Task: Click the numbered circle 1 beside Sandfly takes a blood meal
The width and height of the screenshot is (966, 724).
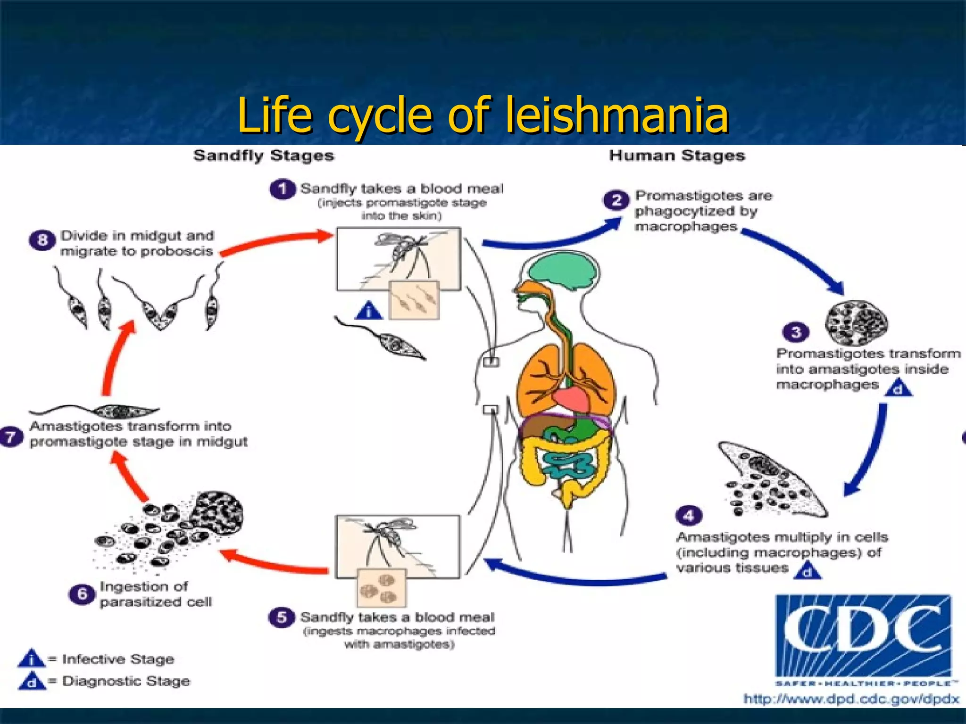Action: click(282, 189)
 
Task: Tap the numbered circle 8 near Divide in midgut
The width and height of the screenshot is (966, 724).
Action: click(42, 240)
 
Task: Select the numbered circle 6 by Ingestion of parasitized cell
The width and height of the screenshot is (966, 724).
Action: click(82, 594)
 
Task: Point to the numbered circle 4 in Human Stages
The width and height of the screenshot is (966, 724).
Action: click(689, 516)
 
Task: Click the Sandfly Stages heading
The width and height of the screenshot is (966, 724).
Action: click(264, 156)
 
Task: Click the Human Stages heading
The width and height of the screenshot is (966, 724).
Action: click(677, 156)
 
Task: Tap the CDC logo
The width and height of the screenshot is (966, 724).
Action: click(863, 636)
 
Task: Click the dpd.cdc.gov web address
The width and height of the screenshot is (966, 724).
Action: click(851, 699)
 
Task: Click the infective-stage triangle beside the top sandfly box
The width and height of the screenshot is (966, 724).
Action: click(369, 311)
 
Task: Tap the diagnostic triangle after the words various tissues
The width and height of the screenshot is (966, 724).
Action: click(808, 571)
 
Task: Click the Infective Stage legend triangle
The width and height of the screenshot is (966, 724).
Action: click(31, 658)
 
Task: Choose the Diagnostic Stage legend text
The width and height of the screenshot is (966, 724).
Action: click(126, 681)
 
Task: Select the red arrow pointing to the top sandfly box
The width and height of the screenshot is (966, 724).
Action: click(278, 240)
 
